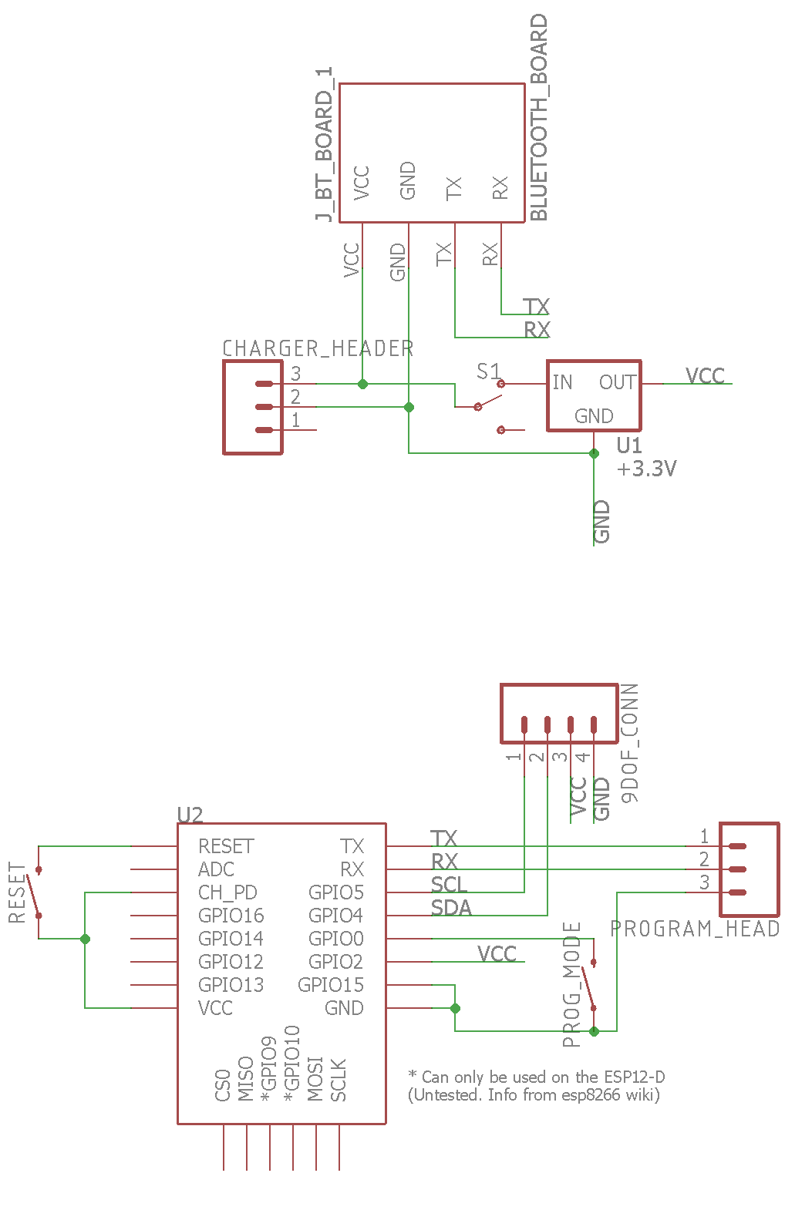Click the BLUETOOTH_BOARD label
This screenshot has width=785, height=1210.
click(x=539, y=117)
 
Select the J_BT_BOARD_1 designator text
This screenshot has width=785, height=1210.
click(x=325, y=145)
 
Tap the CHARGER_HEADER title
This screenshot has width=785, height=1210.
click(x=318, y=348)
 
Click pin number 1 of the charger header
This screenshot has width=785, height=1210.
click(x=296, y=420)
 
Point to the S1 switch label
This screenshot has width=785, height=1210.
click(x=488, y=372)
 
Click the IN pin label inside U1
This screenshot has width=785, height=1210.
click(x=562, y=382)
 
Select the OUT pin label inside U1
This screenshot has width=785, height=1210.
click(x=618, y=382)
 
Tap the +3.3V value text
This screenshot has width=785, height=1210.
click(x=647, y=469)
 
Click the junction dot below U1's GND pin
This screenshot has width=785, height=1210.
click(x=594, y=453)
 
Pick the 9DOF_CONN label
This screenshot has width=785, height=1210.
click(x=630, y=743)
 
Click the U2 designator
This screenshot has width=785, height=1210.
click(x=190, y=815)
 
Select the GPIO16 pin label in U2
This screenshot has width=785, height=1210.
click(x=231, y=916)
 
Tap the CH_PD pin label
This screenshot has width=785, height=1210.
click(x=227, y=892)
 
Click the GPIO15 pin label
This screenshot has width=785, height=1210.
click(x=331, y=985)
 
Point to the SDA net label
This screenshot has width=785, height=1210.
click(x=451, y=908)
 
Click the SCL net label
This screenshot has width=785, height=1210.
click(x=449, y=885)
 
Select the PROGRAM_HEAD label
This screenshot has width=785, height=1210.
click(x=695, y=929)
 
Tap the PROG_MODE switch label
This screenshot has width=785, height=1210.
click(x=571, y=984)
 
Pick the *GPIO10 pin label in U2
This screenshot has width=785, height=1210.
click(x=291, y=1063)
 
